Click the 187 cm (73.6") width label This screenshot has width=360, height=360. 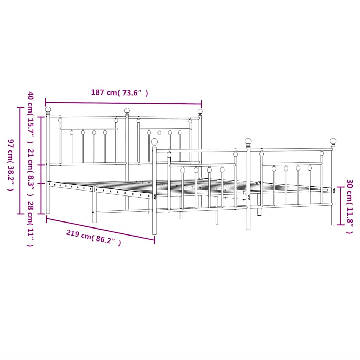pyautogui.click(x=119, y=93)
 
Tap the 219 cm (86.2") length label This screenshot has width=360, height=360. pyautogui.click(x=94, y=238)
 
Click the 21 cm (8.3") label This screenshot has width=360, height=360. pyautogui.click(x=31, y=174)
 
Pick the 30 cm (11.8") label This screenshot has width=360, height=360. pyautogui.click(x=349, y=206)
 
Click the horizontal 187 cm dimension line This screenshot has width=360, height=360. pyautogui.click(x=123, y=103)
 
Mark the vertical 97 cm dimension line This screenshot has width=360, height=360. pyautogui.click(x=20, y=160)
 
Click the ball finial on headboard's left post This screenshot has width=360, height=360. pyautogui.click(x=48, y=110)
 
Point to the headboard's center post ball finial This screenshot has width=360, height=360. pyautogui.click(x=127, y=110)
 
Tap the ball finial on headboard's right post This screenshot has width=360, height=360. pyautogui.click(x=200, y=111)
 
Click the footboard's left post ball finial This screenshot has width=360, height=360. pyautogui.click(x=154, y=141)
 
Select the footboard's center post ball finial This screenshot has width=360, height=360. pyautogui.click(x=248, y=141)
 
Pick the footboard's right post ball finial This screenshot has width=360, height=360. pyautogui.click(x=333, y=141)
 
